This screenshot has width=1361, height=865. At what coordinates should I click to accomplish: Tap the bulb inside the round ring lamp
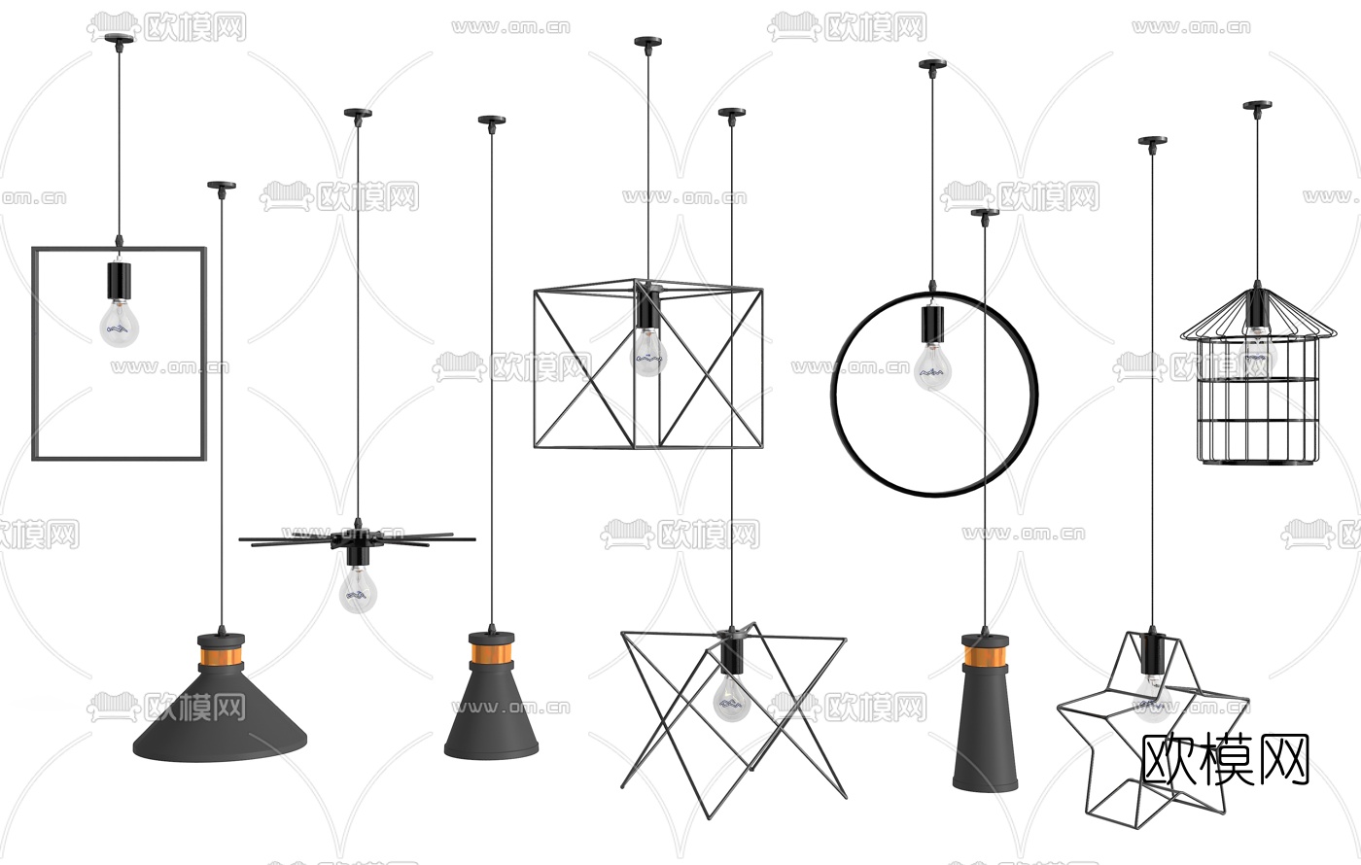932,366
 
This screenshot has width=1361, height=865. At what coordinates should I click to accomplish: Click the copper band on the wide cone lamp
222,657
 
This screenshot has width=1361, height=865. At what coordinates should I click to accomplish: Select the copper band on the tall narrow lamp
985,657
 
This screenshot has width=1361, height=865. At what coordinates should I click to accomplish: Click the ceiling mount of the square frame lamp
119,40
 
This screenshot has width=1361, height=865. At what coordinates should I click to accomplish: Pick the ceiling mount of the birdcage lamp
1257,106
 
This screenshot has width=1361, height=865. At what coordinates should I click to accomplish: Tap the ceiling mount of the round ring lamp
932,64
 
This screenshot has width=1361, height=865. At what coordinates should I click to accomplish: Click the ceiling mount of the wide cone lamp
222,186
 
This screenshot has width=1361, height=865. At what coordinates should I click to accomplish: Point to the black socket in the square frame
119,281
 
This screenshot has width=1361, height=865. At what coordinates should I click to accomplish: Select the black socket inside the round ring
932,325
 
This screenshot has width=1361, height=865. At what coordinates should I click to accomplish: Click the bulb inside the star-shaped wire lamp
1152,698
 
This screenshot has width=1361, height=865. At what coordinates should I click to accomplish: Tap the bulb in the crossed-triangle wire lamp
731,698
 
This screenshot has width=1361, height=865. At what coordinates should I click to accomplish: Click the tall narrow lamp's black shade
985,729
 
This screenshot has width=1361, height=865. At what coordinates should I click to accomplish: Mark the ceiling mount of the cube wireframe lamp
648,42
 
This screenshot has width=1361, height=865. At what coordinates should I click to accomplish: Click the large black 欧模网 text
1226,759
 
